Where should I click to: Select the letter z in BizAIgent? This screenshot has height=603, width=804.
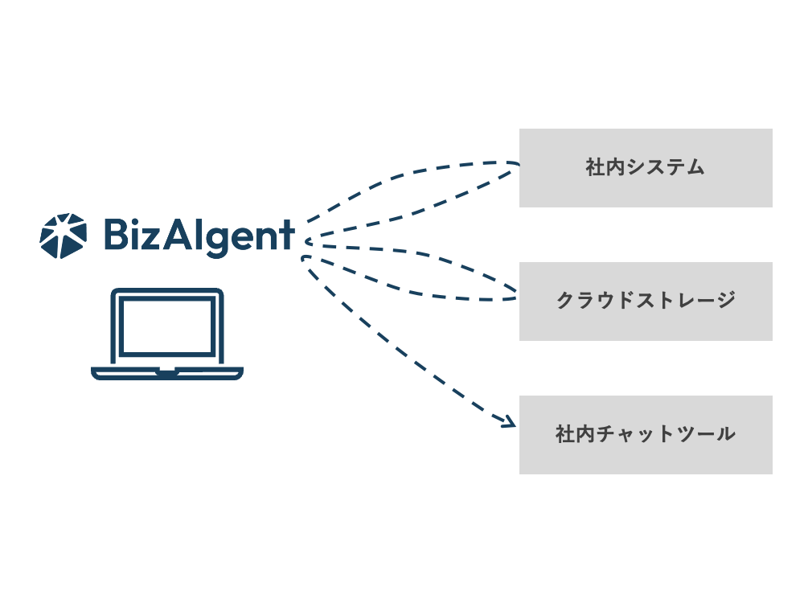(x=157, y=238)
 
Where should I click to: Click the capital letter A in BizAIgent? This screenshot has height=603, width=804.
(x=181, y=235)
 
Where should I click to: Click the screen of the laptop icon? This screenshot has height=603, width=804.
(x=167, y=328)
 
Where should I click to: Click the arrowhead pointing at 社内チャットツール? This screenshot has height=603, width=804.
(x=508, y=422)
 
